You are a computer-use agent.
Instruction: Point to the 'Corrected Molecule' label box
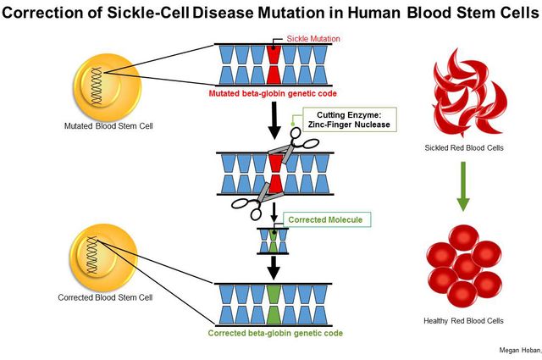[324, 219]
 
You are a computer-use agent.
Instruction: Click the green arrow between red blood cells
[462, 191]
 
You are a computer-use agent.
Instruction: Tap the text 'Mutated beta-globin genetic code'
[274, 93]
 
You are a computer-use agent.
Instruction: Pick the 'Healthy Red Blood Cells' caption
[462, 321]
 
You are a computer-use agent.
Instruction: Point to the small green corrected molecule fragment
[274, 240]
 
